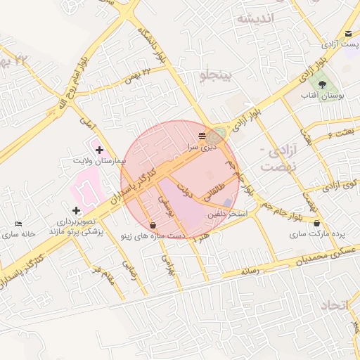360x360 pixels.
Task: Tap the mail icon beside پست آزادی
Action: pos(349,34)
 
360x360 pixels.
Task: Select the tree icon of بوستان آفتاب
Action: pos(321,84)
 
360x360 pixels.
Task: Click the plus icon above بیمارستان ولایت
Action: pos(99,150)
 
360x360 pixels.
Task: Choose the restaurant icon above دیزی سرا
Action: pos(202,136)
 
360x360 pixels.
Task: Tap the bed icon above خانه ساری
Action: pos(18,224)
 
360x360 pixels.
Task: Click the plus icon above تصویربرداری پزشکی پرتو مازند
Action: pos(76,210)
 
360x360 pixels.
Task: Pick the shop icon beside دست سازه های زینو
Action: pos(153,225)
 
